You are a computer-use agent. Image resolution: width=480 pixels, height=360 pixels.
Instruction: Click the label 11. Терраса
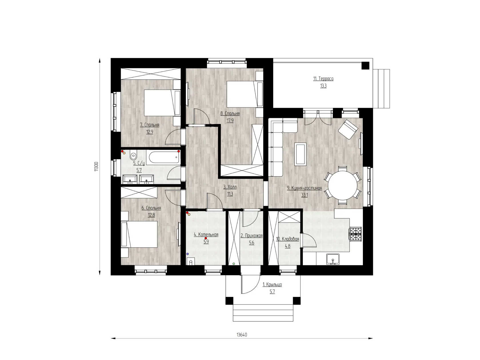[x=323, y=79]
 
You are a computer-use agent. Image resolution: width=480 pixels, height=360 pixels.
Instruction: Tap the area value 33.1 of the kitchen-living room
[x=304, y=195]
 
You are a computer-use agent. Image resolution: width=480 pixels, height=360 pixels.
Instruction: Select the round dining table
[x=343, y=185]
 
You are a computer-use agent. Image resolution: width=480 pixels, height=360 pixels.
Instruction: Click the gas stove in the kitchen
[x=356, y=234]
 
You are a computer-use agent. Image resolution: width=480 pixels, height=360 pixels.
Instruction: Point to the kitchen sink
[x=333, y=259]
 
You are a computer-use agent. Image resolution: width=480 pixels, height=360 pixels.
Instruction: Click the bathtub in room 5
[x=164, y=157]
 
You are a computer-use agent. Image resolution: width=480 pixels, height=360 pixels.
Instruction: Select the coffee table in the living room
[x=300, y=154]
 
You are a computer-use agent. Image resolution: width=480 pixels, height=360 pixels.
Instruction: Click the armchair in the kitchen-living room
[x=348, y=129]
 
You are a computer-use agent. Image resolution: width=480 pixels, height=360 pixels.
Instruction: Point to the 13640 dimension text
[x=242, y=335]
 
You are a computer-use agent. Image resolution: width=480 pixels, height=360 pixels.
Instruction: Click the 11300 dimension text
[x=96, y=167]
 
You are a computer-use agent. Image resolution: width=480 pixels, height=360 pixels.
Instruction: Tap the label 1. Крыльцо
[x=272, y=284]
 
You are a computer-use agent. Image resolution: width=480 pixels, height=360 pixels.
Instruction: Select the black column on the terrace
[x=365, y=66]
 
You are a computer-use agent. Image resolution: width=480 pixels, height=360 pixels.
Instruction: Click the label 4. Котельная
[x=206, y=235]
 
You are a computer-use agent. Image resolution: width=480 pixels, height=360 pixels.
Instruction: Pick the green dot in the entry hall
[x=234, y=264]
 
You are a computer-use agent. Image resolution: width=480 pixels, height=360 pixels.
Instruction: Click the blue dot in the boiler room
[x=187, y=254]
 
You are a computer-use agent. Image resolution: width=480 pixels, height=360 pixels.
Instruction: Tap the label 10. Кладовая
[x=287, y=239]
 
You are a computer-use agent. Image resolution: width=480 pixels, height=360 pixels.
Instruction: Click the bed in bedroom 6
[x=139, y=234]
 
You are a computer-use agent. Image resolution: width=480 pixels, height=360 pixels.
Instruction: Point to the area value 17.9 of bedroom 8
[x=230, y=121]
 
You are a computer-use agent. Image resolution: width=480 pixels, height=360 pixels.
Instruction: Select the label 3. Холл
[x=230, y=187]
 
